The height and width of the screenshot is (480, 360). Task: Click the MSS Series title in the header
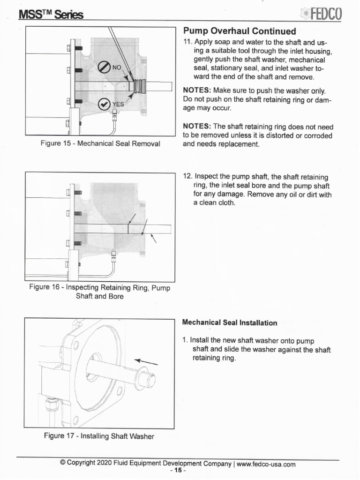point(51,15)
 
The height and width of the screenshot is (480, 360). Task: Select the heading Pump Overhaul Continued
point(240,31)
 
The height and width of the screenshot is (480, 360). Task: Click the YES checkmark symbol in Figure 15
point(105,104)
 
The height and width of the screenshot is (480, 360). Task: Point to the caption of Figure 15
point(100,143)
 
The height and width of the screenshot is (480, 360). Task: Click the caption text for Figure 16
point(99,292)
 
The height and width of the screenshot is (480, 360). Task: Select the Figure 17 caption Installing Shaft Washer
point(99,436)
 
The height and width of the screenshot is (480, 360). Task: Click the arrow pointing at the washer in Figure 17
point(146,361)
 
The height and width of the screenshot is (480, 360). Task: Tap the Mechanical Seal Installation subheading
point(229,323)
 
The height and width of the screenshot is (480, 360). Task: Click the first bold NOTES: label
point(197,90)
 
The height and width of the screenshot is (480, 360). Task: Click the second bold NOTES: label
point(197,127)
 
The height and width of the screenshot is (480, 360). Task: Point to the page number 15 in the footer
point(178,471)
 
